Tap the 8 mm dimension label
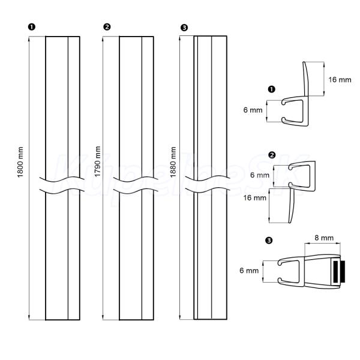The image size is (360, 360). pyautogui.click(x=324, y=238)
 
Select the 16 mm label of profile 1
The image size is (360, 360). pyautogui.click(x=340, y=80)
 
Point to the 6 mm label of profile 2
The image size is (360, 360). pyautogui.click(x=259, y=175)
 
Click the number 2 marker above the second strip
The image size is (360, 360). pyautogui.click(x=107, y=27)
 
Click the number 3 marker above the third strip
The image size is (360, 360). pyautogui.click(x=184, y=27)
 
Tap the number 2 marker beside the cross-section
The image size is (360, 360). pyautogui.click(x=272, y=155)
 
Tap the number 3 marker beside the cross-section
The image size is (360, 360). pyautogui.click(x=268, y=241)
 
